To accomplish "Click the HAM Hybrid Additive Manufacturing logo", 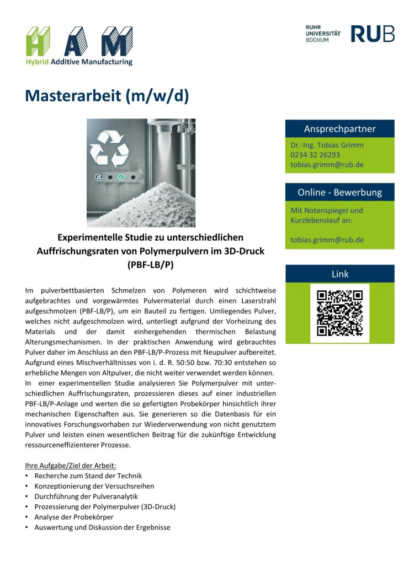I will click(x=79, y=45).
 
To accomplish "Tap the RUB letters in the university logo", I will click(x=373, y=34).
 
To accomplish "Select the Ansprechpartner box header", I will click(x=339, y=129).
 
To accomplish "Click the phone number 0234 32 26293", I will click(x=315, y=155).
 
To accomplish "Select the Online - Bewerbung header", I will click(x=339, y=192).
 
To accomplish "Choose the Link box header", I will click(x=339, y=274).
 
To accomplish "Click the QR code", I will click(x=339, y=313).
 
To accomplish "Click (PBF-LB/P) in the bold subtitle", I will click(x=150, y=264).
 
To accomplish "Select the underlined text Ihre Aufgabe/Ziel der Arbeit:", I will click(x=71, y=464).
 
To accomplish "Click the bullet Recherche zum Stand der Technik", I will click(x=88, y=475).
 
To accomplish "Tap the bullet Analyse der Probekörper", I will click(x=73, y=517).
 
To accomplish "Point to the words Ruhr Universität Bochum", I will click(x=322, y=34).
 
